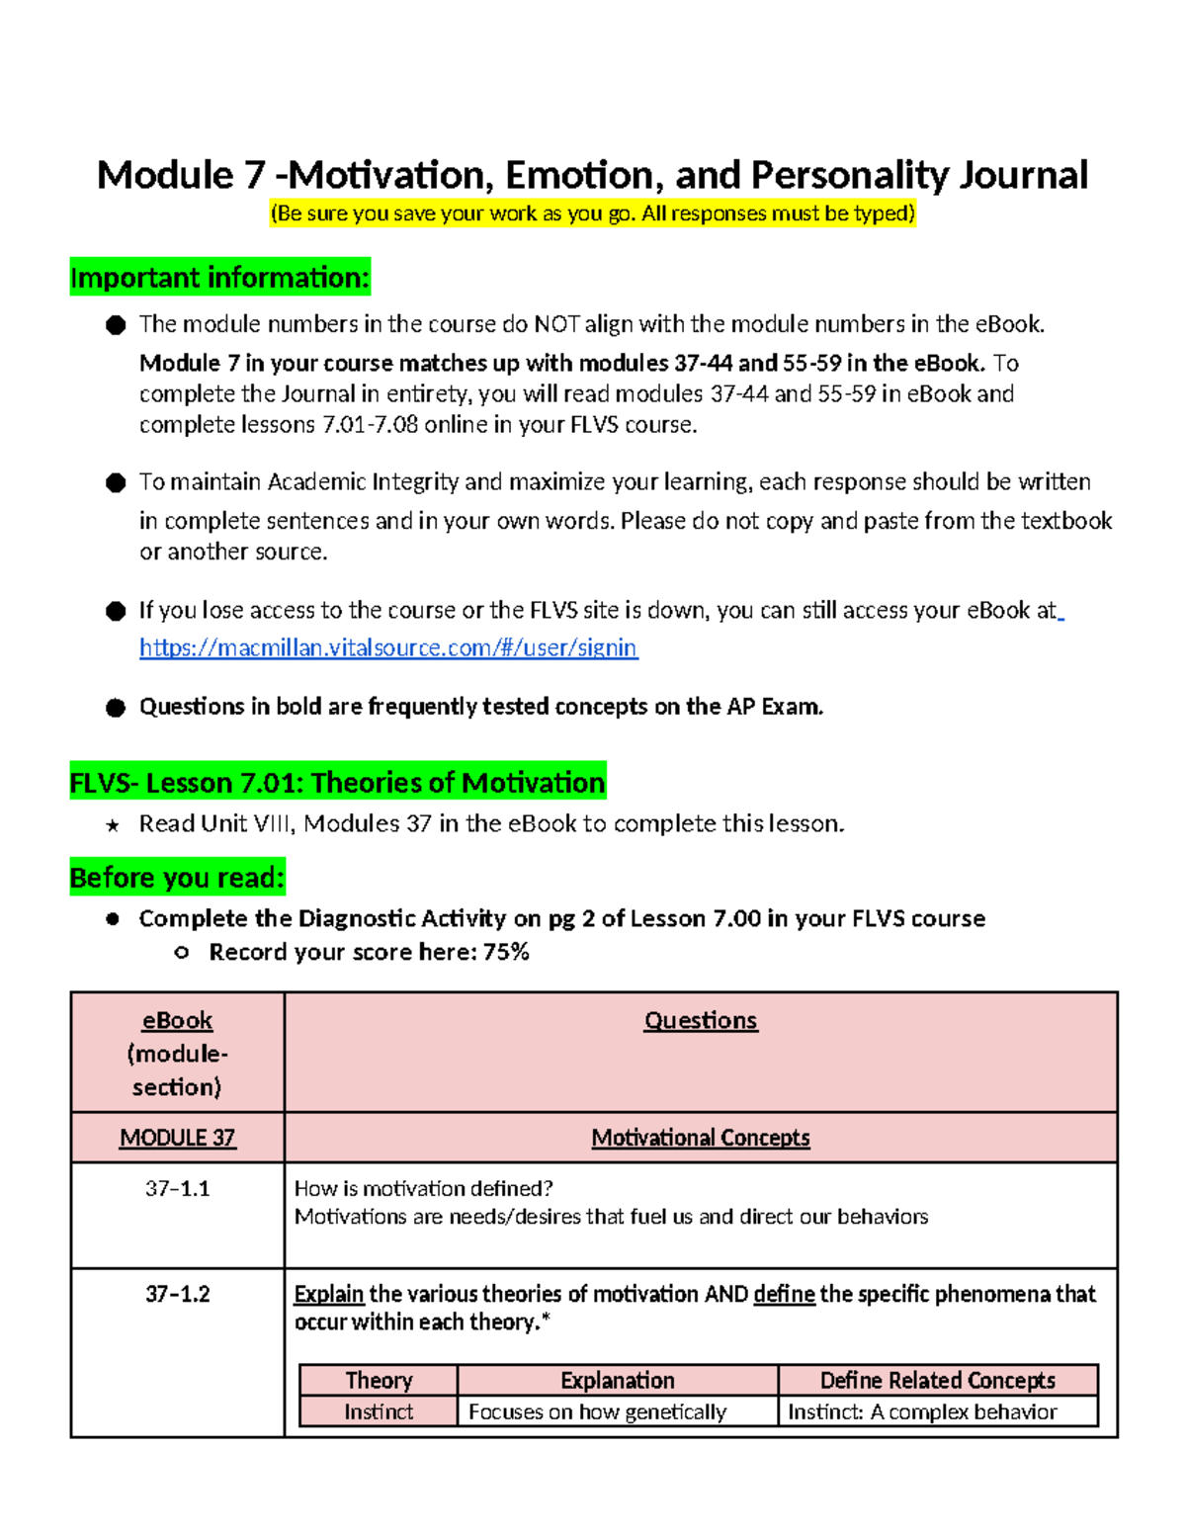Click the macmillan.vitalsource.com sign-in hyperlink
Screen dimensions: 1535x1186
(x=388, y=647)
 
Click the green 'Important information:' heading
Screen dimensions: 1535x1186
(x=219, y=278)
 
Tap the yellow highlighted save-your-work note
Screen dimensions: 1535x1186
(x=593, y=213)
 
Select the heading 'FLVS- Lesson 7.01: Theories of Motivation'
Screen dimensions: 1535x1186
(x=337, y=782)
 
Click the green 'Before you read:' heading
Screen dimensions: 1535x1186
(x=178, y=877)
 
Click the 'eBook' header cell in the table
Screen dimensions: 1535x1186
(x=177, y=1020)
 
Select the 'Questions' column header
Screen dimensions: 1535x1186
(x=700, y=1020)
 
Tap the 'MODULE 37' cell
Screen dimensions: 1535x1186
(x=177, y=1138)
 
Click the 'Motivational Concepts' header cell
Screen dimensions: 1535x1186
(x=700, y=1138)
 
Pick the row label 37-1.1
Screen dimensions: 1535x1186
(x=177, y=1188)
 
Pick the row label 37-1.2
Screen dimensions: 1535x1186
(x=177, y=1294)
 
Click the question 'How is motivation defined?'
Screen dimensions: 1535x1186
(x=423, y=1188)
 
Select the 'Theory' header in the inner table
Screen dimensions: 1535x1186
(x=379, y=1380)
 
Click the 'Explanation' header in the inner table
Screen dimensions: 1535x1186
(x=617, y=1380)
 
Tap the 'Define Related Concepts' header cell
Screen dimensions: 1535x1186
(x=937, y=1380)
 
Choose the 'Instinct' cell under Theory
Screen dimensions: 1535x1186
(x=379, y=1411)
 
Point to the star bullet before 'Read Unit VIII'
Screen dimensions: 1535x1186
(x=113, y=825)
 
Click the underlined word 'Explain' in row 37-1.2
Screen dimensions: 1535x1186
(x=329, y=1294)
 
